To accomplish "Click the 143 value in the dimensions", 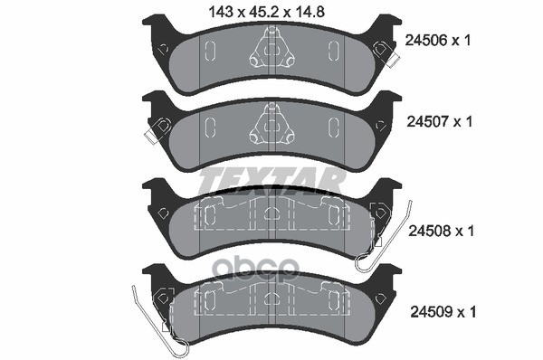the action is click(221, 13).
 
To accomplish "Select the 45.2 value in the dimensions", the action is click(262, 13).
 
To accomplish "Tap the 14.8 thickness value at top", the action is click(309, 13).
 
